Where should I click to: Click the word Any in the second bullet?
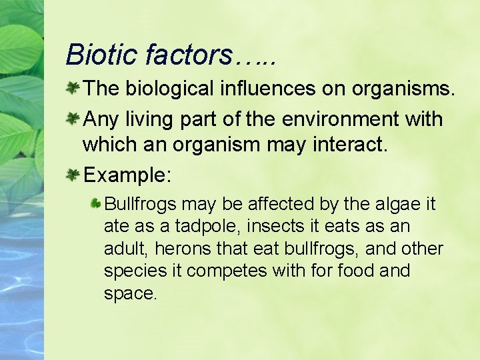100,119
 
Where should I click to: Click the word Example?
127,175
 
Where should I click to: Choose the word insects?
270,226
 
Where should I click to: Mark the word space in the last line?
129,294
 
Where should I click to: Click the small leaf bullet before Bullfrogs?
97,202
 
